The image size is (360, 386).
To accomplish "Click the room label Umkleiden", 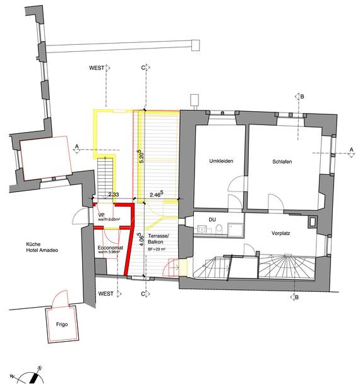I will coord(222,162).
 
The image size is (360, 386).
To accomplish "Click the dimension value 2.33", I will coord(114,195).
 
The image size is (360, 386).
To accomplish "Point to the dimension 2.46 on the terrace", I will coord(157,195).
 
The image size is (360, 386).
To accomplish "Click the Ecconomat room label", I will coord(110,248).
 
